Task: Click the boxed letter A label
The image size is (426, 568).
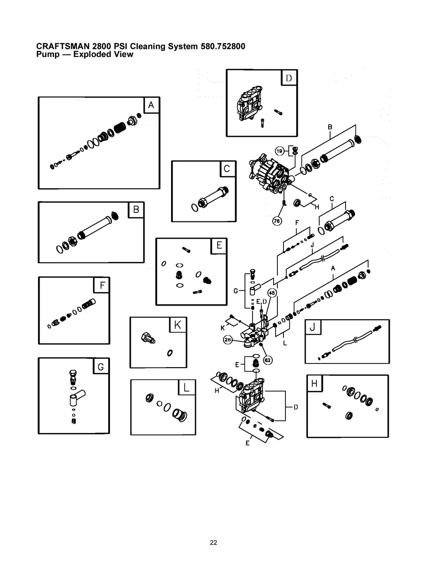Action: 151,105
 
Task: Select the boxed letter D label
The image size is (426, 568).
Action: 289,78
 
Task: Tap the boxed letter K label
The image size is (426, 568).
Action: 177,324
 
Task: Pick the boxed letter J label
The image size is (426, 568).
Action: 313,327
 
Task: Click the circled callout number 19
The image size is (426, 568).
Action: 279,150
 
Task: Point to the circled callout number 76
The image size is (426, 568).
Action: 277,221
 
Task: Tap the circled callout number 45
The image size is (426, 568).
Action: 272,292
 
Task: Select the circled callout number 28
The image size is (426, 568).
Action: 228,340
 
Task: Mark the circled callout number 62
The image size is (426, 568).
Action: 268,360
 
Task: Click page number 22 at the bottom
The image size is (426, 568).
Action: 213,543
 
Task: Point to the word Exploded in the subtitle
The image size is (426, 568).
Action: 86,55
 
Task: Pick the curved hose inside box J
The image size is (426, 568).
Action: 350,342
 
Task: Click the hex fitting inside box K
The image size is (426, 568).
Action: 148,337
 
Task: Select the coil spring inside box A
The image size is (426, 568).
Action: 120,127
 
